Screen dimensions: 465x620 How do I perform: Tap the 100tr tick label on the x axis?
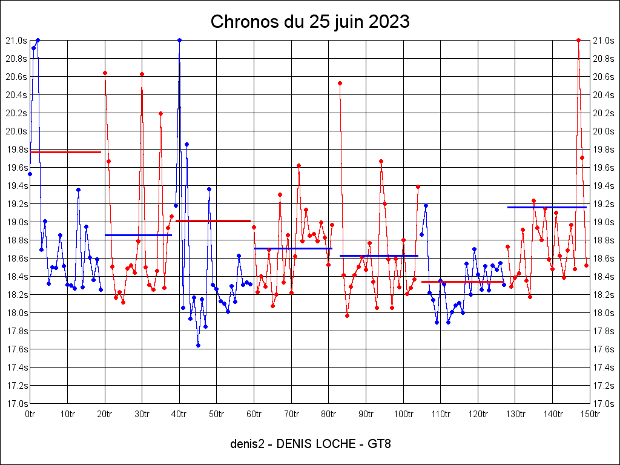coord(403,414)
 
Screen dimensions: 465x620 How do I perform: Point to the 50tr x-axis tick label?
coord(216,414)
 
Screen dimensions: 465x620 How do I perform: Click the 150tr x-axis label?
coord(590,414)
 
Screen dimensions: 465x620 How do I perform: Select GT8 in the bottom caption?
coord(379,444)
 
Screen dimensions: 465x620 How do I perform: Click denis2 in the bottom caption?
coord(246,444)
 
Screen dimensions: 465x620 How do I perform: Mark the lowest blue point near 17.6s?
coord(198,345)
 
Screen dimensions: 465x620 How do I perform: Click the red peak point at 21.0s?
coord(579,40)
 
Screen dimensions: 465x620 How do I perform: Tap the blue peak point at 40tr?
coord(179,40)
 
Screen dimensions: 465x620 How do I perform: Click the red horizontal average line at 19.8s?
coord(65,152)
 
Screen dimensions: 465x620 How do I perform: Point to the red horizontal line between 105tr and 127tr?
coord(463,282)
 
